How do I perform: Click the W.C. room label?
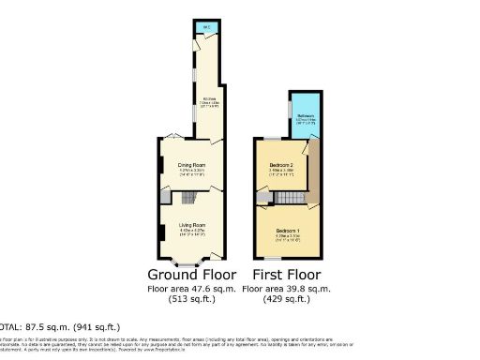click(202, 26)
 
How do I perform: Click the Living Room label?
click(191, 225)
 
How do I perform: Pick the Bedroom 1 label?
click(287, 231)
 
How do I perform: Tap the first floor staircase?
click(293, 199)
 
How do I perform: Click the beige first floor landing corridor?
click(313, 173)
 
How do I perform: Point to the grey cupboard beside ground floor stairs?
click(165, 198)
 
